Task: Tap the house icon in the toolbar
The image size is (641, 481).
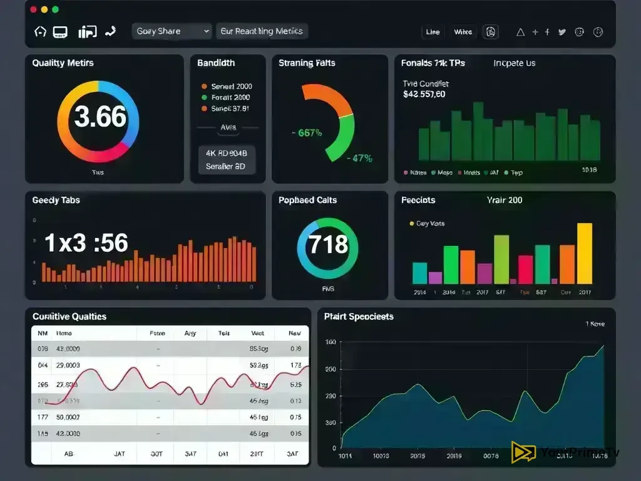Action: [40, 31]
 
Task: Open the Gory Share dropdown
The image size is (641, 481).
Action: [172, 31]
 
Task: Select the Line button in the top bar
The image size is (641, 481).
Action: [433, 32]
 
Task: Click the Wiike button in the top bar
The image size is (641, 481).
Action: [463, 32]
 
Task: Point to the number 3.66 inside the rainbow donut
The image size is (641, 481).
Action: [100, 117]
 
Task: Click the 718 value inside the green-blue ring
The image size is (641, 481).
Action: [328, 244]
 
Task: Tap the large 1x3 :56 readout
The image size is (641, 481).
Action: [86, 243]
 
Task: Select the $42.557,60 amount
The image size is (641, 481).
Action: [424, 95]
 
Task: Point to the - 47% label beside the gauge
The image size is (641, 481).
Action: [360, 158]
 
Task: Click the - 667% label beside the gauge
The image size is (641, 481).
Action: [307, 133]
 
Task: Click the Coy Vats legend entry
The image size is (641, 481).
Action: [430, 224]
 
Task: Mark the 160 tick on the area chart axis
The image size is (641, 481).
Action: [330, 342]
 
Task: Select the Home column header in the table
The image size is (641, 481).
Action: [64, 334]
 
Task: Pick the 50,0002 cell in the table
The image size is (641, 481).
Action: [68, 416]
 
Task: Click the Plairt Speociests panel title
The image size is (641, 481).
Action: [359, 317]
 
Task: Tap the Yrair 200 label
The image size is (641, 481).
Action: [505, 200]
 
